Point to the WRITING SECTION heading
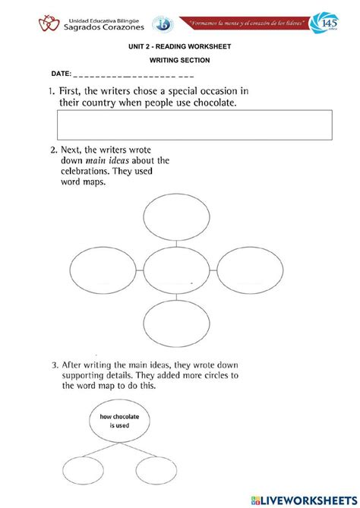click(179, 60)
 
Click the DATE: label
click(62, 74)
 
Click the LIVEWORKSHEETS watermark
click(308, 498)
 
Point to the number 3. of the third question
click(55, 365)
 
